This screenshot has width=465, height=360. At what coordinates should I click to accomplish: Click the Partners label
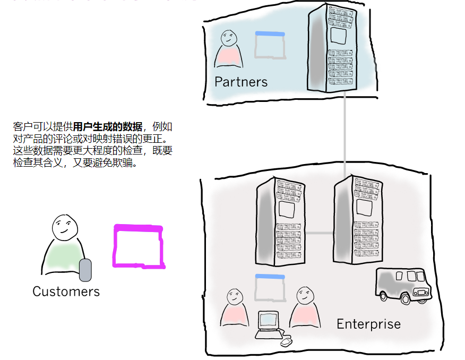point(241,82)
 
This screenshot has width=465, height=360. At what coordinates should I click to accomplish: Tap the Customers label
point(66,292)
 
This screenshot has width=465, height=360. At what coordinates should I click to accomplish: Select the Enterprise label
point(368,324)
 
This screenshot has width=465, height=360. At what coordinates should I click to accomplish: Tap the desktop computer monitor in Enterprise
point(268,320)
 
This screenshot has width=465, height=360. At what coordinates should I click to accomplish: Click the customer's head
point(65,228)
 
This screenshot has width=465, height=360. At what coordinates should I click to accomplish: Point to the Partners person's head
point(229,38)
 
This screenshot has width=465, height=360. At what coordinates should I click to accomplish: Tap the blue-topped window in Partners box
point(270,45)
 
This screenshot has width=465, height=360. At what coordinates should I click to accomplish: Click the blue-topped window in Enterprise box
point(270,288)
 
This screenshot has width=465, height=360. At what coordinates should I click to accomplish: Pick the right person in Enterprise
point(305,308)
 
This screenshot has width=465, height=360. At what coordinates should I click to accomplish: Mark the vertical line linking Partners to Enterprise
point(346,133)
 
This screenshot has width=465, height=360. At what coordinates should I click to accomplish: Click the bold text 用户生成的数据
point(108,127)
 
